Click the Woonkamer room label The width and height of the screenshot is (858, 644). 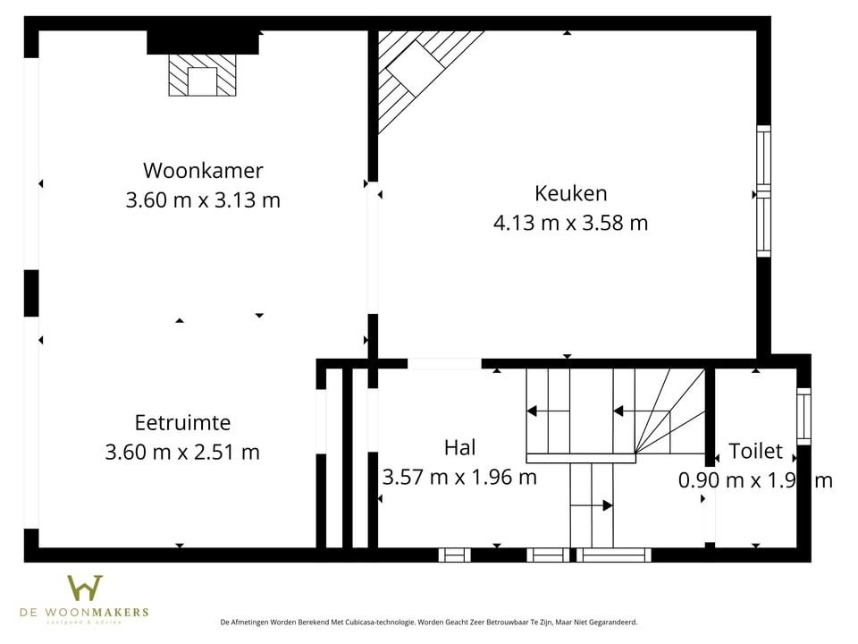203,170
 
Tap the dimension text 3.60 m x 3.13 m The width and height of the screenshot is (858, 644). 203,199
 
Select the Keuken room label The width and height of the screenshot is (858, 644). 570,192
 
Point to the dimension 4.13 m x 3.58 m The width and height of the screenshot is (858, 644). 570,223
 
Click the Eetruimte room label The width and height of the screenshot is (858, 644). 182,422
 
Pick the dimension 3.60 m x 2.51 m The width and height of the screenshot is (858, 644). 182,453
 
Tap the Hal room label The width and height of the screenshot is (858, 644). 459,446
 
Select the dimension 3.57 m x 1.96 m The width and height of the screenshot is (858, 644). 459,477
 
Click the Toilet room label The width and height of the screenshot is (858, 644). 755,451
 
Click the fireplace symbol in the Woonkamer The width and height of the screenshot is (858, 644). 203,75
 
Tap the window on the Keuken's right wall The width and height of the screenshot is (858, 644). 763,191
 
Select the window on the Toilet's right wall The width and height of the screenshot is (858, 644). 803,416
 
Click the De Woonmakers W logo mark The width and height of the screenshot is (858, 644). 85,588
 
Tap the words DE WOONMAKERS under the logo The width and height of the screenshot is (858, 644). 85,613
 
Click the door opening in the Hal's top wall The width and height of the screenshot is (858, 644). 444,363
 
